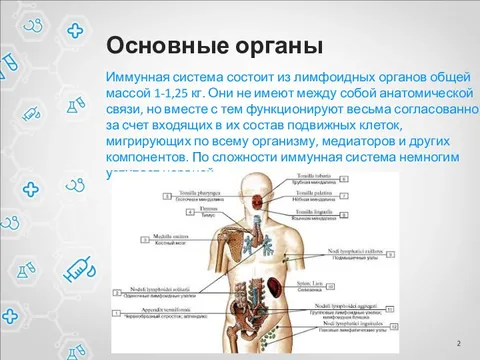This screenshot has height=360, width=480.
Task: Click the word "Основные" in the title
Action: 159,47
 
